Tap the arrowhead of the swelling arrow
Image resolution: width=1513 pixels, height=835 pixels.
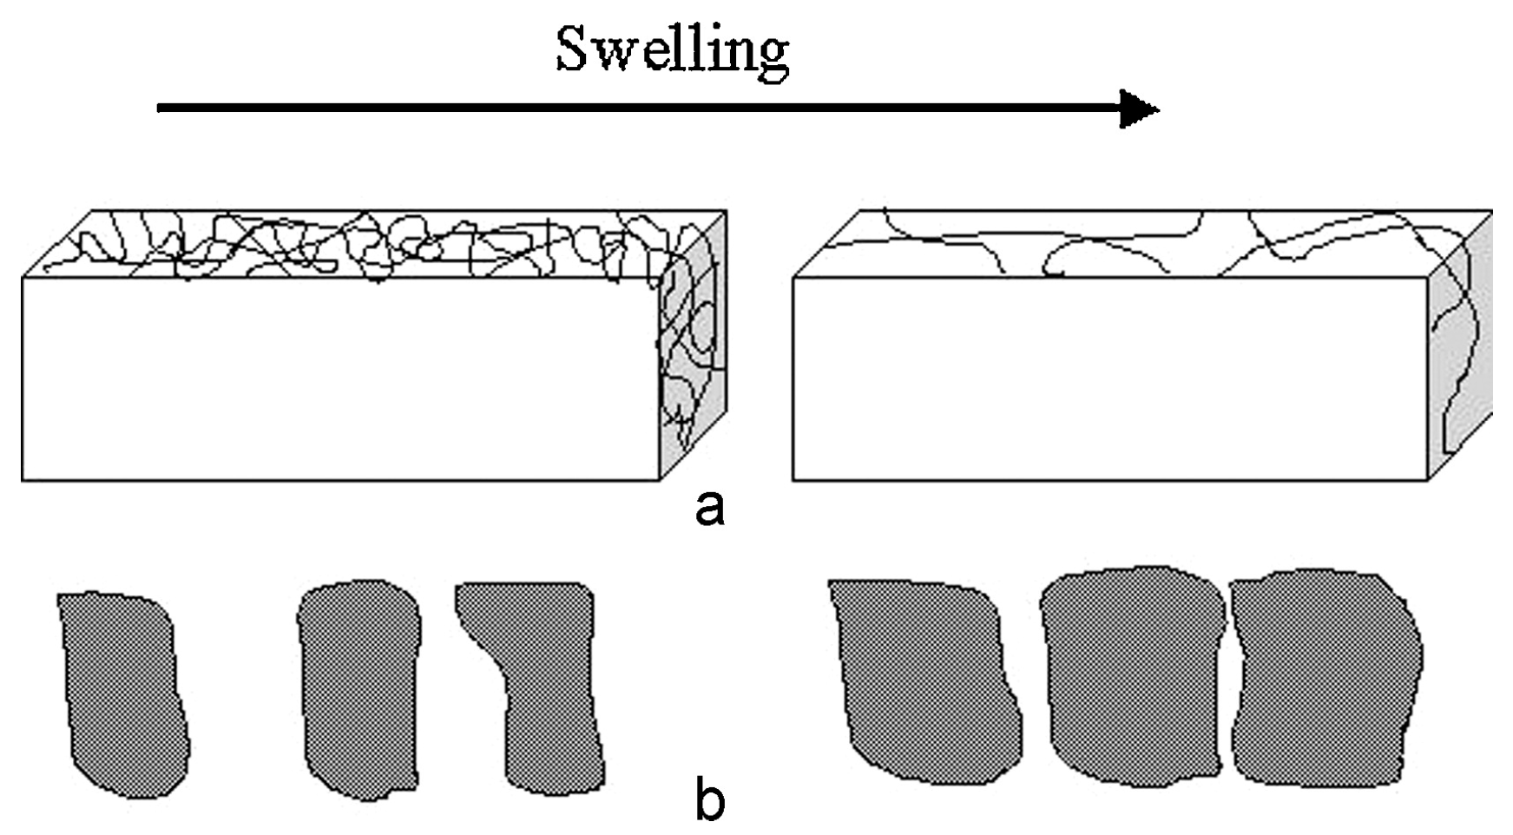[1139, 109]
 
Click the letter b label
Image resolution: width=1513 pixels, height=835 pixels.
[709, 800]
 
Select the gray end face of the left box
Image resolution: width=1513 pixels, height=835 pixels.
[694, 347]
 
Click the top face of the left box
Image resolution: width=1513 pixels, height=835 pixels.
[373, 244]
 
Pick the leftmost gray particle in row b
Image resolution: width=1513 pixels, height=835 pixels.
[124, 694]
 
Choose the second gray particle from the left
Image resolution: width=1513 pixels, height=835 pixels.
[359, 690]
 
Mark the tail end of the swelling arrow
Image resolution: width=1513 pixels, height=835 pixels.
[161, 108]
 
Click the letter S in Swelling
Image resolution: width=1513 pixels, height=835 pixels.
[573, 50]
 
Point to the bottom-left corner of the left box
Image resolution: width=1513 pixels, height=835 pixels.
[23, 480]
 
